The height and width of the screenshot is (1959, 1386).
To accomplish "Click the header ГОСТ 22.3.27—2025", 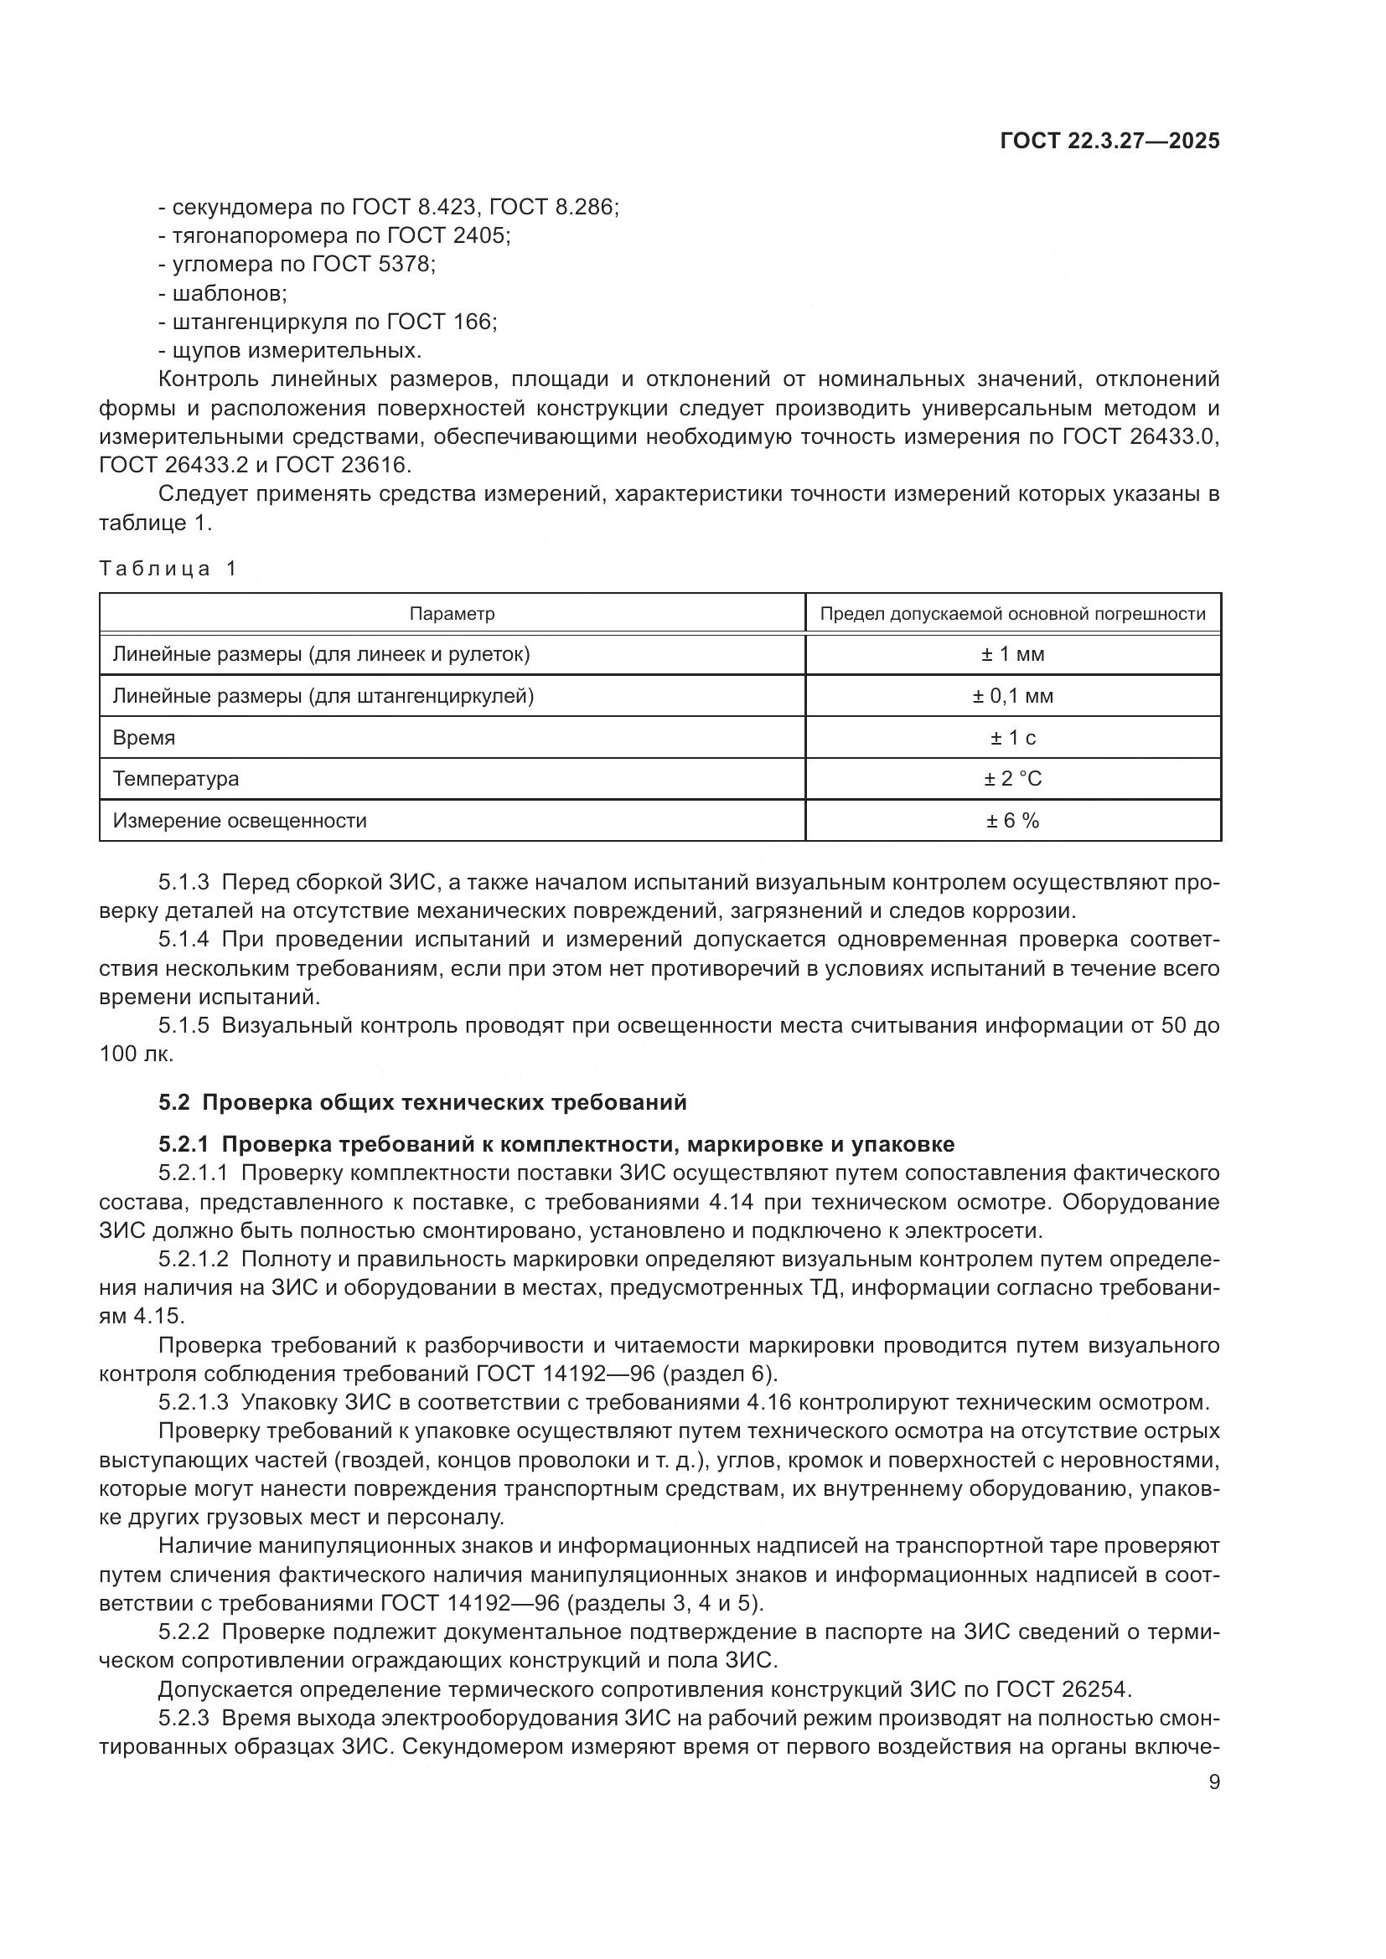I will (1109, 141).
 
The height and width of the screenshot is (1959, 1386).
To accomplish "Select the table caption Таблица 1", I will (168, 568).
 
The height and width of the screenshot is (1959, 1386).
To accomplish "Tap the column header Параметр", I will (452, 613).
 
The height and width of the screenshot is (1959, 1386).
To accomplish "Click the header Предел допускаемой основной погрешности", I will (1012, 613).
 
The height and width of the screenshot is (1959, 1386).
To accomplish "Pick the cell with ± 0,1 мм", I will (1012, 696).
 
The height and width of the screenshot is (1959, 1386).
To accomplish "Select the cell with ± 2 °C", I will (1012, 779).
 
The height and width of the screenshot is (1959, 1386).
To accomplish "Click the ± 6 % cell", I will (1012, 821).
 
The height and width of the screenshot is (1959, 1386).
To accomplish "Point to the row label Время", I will (143, 738).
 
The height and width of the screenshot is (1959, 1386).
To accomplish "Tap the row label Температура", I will (176, 779).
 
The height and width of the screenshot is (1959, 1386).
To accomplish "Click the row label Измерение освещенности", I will (240, 821).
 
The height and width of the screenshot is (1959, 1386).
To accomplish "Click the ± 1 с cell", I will (1012, 738).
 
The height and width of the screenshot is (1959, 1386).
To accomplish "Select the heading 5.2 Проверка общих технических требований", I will (422, 1102).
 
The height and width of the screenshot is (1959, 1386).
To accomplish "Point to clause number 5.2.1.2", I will (193, 1259).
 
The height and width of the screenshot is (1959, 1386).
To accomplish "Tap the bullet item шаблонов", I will (229, 293).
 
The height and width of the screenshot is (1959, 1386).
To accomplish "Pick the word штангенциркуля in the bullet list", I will (248, 322).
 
